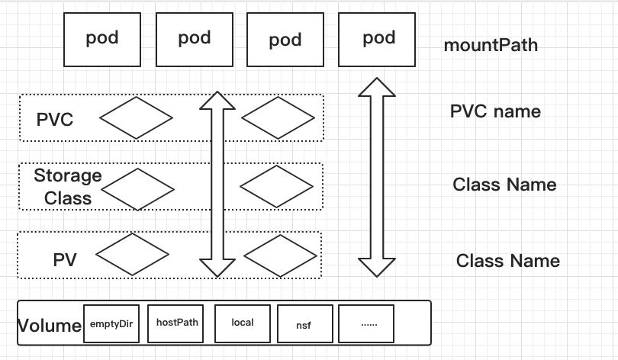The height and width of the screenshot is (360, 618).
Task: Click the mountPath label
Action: pos(491,45)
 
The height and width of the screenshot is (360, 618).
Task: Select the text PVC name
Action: pos(495,112)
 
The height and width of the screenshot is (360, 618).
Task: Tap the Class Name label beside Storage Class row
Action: pos(504,185)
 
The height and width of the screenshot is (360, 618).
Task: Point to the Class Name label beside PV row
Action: pos(507,261)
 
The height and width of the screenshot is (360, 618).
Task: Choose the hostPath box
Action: pos(177,323)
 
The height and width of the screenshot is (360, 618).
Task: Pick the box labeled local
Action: pos(243,323)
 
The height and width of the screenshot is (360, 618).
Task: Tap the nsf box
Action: pos(304,324)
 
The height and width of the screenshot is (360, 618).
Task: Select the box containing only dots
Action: pos(368,323)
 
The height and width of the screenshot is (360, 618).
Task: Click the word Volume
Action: pos(50,326)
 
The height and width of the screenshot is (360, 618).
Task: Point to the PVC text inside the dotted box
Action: pos(55,120)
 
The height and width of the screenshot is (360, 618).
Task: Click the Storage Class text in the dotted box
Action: pos(67,187)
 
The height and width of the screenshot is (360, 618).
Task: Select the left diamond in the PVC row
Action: pos(136,117)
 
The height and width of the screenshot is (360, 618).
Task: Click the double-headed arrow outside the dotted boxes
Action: pos(378,177)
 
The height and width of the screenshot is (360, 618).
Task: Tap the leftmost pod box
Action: pos(102,38)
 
